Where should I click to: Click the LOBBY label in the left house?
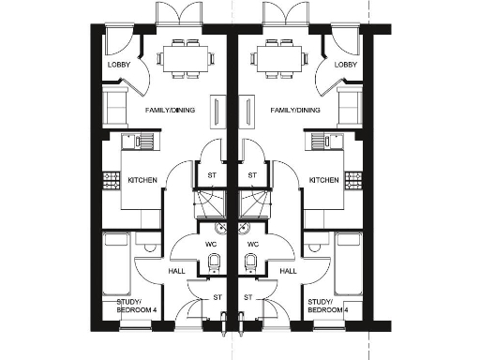[x=117, y=64]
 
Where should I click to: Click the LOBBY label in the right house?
[x=346, y=64]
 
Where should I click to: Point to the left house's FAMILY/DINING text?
[x=169, y=111]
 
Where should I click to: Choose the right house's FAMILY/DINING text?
[x=294, y=111]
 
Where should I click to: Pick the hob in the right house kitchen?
[x=354, y=178]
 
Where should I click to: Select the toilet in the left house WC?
[x=214, y=262]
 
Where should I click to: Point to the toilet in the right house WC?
[x=250, y=262]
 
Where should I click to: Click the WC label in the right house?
[x=250, y=246]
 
